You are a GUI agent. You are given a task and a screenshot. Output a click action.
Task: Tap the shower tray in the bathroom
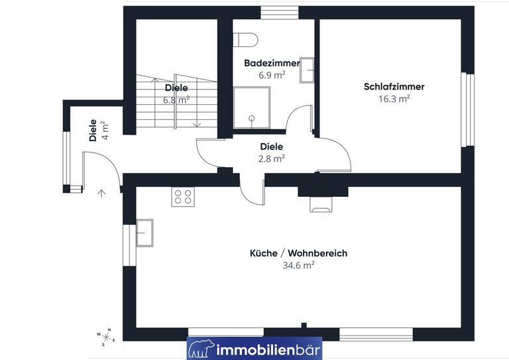coord(252,107)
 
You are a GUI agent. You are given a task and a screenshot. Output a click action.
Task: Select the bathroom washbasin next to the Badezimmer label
coord(307,70)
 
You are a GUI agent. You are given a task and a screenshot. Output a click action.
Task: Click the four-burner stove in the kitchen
coord(183,196)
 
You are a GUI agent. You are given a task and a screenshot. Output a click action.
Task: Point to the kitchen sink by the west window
coord(144,233)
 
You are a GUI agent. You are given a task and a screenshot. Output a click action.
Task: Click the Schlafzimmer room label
coord(394,87)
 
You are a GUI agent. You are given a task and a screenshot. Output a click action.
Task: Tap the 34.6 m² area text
coord(299,265)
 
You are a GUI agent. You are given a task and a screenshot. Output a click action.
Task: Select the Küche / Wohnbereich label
coord(299,253)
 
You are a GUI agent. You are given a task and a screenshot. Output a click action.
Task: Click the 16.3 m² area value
coord(394,98)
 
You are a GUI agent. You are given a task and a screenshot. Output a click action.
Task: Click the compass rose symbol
coord(106,337)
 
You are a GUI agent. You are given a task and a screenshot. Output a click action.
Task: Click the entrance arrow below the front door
coord(101,194)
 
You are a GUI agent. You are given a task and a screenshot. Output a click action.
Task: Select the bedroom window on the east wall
coord(468,109)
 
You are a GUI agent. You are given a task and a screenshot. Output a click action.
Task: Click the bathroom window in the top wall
coord(280,13)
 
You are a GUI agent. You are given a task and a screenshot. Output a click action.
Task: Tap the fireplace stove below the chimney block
coord(321,204)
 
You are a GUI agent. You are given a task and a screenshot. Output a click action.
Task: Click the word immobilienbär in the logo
coord(268,350)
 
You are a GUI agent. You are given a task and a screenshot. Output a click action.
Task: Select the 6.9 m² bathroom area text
coord(272,76)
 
